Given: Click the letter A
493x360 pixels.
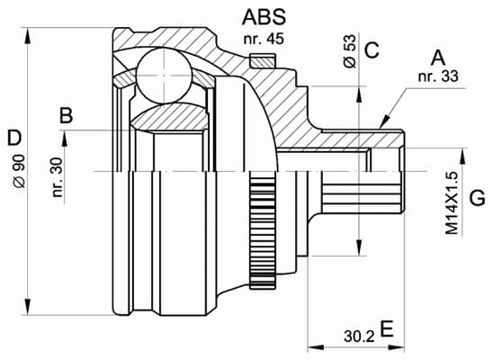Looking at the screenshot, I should [x=438, y=58].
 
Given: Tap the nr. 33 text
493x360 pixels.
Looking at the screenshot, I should [x=438, y=76].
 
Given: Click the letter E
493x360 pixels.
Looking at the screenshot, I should [x=387, y=328].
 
